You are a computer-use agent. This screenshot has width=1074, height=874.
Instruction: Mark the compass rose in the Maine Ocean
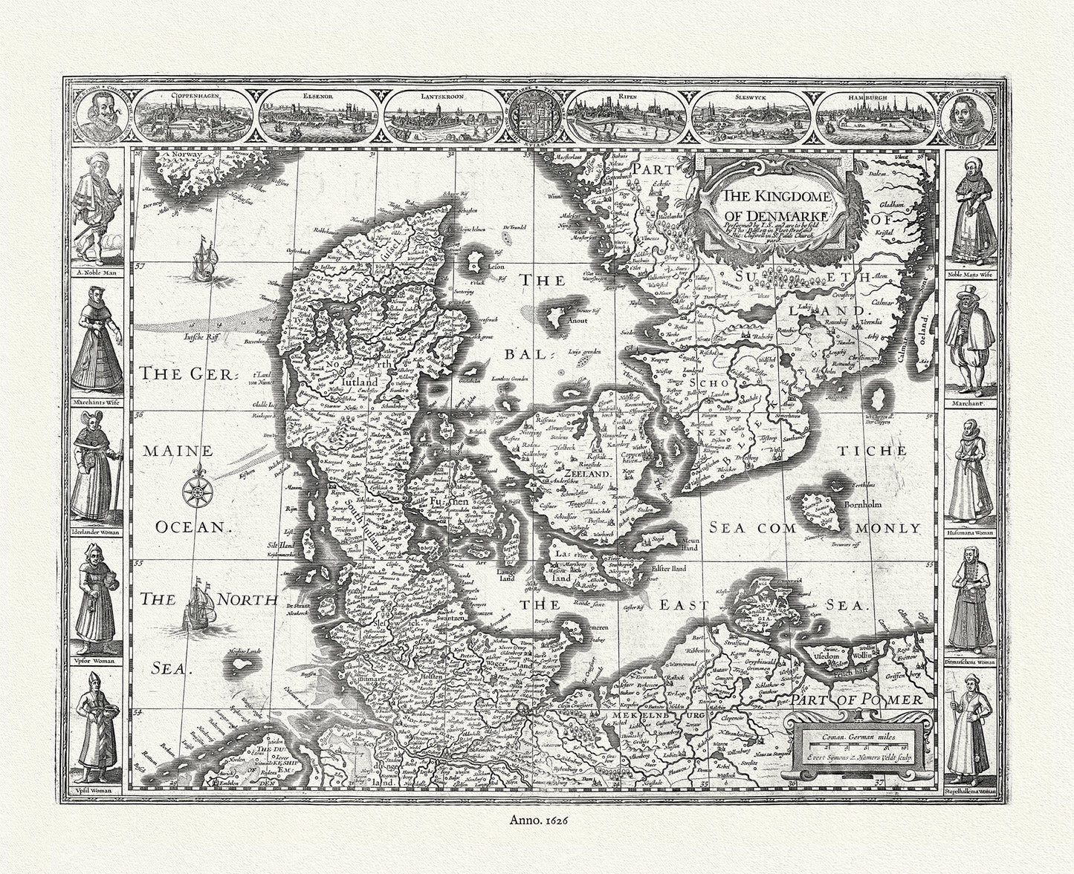[x=198, y=486]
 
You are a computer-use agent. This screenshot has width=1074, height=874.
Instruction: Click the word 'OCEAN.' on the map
[x=190, y=526]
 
